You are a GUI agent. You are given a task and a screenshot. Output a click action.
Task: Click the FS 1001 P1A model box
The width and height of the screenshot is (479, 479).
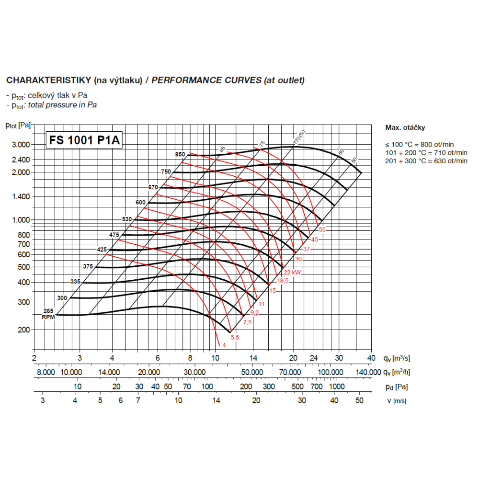click(84, 140)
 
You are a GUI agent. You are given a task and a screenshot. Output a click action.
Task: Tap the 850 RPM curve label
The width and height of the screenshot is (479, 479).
click(180, 154)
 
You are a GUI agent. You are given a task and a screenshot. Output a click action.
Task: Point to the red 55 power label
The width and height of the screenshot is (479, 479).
click(322, 230)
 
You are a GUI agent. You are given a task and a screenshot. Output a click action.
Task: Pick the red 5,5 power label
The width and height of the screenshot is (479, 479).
click(235, 338)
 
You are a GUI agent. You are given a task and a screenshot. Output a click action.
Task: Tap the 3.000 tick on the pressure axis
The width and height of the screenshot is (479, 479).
click(20, 145)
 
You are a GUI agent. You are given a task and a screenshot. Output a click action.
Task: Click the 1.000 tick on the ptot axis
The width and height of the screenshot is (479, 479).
click(20, 220)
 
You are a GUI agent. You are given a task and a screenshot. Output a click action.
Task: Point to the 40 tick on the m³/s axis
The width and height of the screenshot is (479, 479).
click(370, 358)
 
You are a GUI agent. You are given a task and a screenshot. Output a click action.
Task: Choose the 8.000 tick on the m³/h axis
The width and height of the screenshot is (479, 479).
click(46, 372)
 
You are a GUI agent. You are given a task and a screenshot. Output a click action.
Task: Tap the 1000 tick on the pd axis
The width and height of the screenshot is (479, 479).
click(337, 387)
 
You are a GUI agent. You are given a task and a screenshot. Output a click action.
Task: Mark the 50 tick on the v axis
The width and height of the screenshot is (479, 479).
click(359, 400)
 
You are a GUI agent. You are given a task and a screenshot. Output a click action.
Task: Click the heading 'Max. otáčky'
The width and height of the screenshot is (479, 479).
click(405, 128)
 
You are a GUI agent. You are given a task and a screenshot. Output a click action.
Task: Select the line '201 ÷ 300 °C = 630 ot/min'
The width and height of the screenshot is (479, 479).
click(426, 160)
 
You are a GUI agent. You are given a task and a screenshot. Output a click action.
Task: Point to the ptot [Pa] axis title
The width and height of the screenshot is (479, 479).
click(18, 125)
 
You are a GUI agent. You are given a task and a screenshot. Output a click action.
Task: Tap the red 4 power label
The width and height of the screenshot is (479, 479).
click(224, 345)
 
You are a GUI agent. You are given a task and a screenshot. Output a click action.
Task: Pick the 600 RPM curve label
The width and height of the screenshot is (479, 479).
click(140, 203)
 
